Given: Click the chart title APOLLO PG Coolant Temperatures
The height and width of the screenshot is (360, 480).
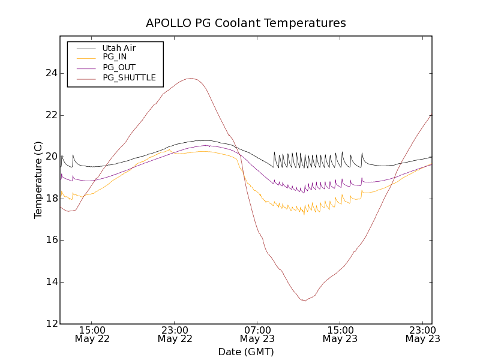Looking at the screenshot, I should (x=246, y=23).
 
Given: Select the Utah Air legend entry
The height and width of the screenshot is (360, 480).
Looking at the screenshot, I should (x=119, y=48).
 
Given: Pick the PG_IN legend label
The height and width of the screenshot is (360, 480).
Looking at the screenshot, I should (x=115, y=57).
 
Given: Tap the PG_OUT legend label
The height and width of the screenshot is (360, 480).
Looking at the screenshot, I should (x=119, y=67).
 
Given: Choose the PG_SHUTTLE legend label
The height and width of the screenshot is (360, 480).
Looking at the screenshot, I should (x=129, y=77).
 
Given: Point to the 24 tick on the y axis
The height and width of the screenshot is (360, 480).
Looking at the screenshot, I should (x=52, y=73).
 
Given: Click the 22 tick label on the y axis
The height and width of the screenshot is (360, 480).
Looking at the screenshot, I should (x=52, y=115).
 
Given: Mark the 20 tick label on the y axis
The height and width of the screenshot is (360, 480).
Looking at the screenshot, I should (x=52, y=157).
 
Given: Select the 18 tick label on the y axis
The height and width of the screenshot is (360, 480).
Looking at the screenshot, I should (x=52, y=199).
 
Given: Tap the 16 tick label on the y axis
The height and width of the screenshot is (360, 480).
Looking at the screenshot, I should (x=52, y=240).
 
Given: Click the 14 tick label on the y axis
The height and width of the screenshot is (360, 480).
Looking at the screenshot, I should (x=52, y=282).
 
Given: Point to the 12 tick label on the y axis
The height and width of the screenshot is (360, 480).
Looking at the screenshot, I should (x=52, y=324).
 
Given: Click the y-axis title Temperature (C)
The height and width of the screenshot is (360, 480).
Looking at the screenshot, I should (x=38, y=180).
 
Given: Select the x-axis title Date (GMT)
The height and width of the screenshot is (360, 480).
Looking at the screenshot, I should (x=246, y=352).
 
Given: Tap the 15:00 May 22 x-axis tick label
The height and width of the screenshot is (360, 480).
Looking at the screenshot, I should (x=92, y=334).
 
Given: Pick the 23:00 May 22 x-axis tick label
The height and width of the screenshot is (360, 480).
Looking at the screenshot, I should (x=175, y=334).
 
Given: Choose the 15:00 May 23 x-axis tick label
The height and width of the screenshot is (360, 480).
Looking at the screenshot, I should (x=340, y=334).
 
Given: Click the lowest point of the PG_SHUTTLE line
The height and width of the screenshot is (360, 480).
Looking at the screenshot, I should (x=305, y=301).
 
